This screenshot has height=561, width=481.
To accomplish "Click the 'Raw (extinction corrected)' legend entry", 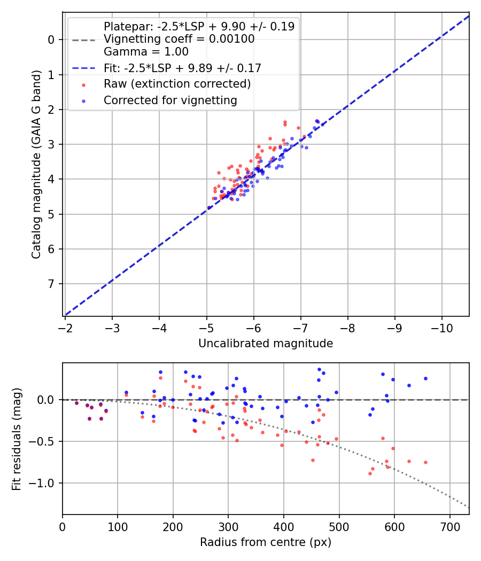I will [x=177, y=84].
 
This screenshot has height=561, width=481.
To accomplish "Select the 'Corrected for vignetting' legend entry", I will [x=170, y=100].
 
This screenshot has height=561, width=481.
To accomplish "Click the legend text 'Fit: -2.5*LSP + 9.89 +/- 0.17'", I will [x=182, y=68].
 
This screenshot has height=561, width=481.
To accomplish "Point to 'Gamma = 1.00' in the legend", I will [x=146, y=52].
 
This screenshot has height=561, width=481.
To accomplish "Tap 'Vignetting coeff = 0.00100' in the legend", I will [x=179, y=39].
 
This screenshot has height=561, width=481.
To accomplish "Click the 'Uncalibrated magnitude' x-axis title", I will [x=266, y=344].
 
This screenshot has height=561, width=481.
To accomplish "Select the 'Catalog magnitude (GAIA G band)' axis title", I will [x=36, y=178].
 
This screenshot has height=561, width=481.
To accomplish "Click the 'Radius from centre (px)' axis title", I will [x=266, y=542].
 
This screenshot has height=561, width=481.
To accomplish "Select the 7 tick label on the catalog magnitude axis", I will [x=51, y=284].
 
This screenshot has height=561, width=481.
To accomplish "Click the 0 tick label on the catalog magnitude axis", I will [x=51, y=40].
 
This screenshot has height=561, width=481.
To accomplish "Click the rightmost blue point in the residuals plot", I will [x=425, y=378].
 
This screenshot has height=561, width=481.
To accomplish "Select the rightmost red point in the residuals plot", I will [x=425, y=462].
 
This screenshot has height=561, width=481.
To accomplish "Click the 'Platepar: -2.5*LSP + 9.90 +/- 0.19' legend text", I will [x=199, y=27].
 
